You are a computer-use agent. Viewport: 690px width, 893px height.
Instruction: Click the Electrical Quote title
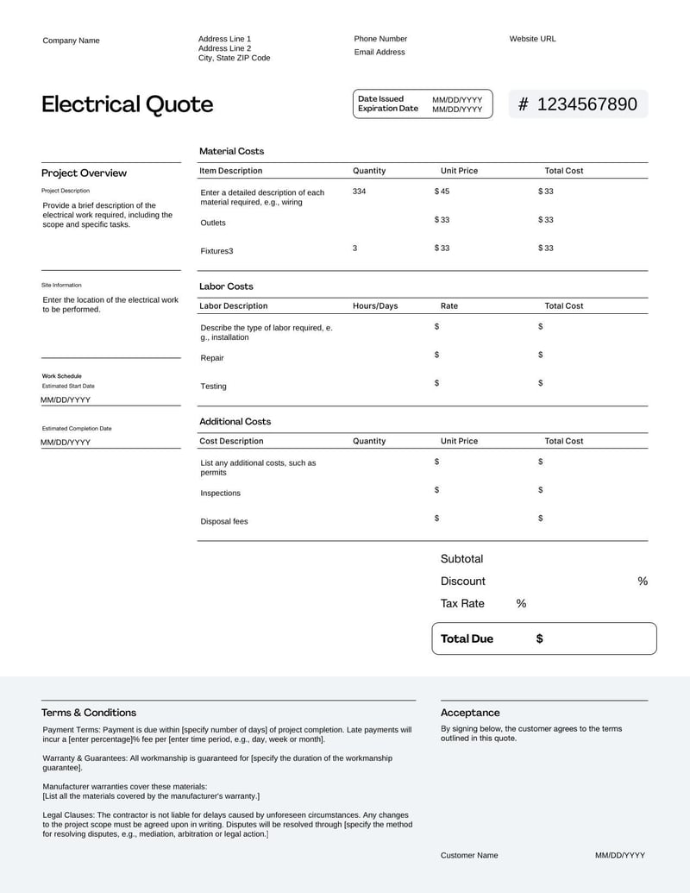pos(128,104)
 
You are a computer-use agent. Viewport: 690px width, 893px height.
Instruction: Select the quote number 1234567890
pos(586,104)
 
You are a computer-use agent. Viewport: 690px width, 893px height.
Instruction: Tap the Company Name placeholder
pos(71,41)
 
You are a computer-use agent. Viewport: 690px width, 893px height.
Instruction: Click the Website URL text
pos(532,39)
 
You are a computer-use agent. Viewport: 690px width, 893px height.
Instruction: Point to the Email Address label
pos(379,52)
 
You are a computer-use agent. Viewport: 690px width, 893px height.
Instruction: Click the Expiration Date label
pos(388,109)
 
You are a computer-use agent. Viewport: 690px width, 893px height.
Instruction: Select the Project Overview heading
pos(84,173)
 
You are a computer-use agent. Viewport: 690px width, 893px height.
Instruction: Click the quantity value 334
pos(359,191)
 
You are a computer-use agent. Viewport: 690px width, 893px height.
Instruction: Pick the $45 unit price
pos(442,191)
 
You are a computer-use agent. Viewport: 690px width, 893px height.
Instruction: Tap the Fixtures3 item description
pos(216,251)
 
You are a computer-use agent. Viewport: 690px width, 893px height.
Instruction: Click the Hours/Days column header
pos(375,305)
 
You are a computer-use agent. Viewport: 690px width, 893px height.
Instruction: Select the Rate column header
pos(449,305)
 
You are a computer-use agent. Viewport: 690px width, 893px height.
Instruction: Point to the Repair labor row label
pos(212,358)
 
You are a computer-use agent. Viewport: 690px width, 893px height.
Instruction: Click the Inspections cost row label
pos(221,494)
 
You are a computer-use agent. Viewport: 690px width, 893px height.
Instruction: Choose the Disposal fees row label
pos(224,521)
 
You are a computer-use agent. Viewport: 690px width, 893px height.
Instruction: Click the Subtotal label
pos(461,559)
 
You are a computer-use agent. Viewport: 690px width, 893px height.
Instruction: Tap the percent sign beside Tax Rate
pos(521,604)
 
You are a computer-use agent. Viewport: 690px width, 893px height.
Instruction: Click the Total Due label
pos(467,639)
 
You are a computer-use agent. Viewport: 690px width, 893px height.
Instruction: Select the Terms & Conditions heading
pos(89,713)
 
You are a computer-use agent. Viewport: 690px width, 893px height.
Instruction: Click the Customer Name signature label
pos(469,855)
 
